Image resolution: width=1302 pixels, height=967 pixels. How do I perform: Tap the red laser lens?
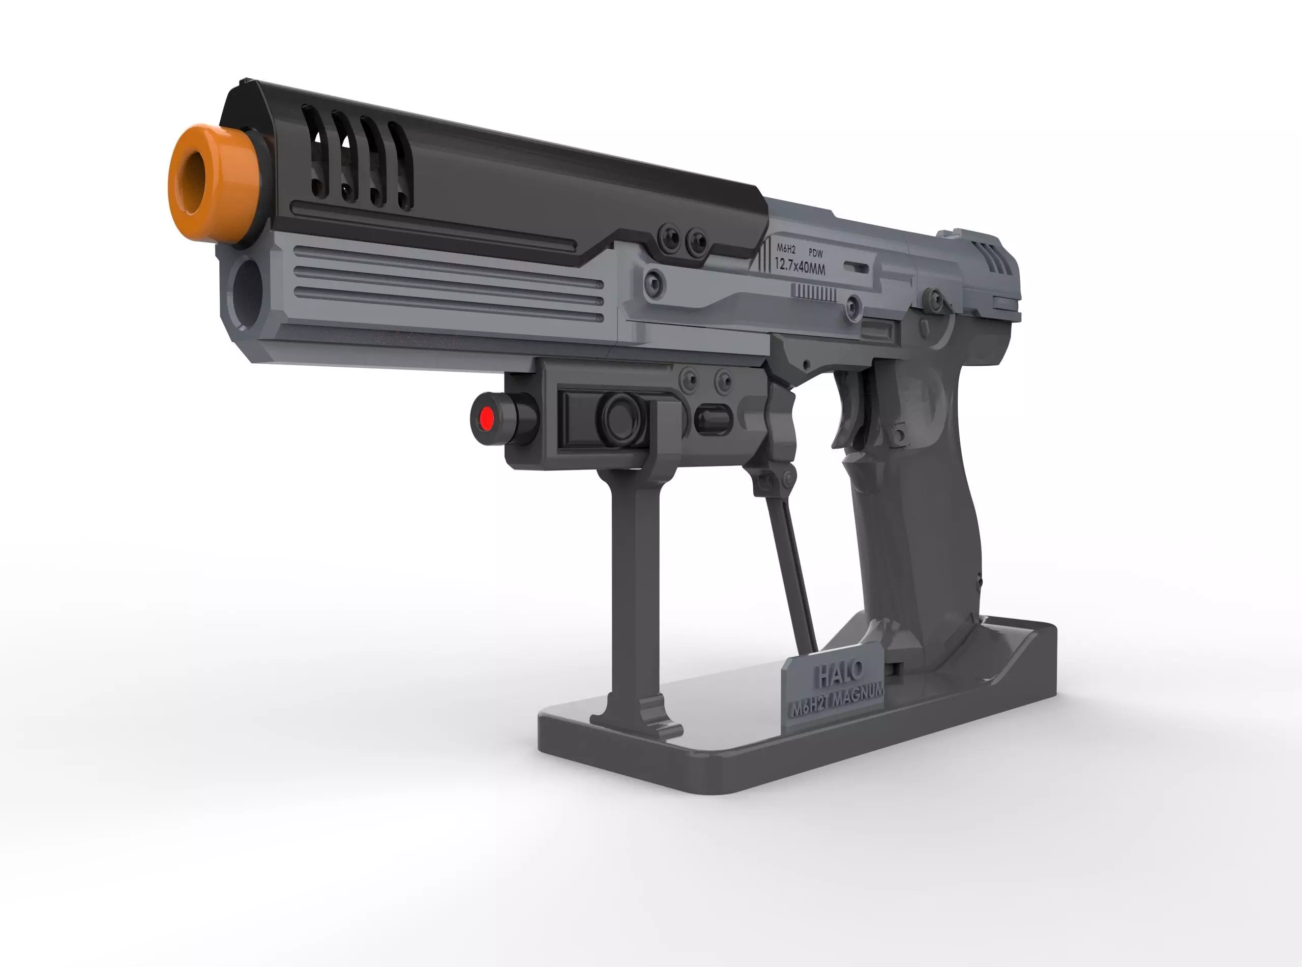click(486, 419)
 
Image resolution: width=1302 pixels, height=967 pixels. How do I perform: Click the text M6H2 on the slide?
click(786, 249)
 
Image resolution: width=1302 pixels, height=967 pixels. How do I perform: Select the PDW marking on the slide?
click(815, 253)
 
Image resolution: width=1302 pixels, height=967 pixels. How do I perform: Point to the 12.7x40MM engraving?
click(800, 267)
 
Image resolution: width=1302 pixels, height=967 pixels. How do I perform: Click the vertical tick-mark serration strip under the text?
click(813, 292)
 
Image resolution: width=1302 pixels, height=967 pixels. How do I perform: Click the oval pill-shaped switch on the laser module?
click(714, 419)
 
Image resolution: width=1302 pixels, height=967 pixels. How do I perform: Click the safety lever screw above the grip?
click(933, 300)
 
